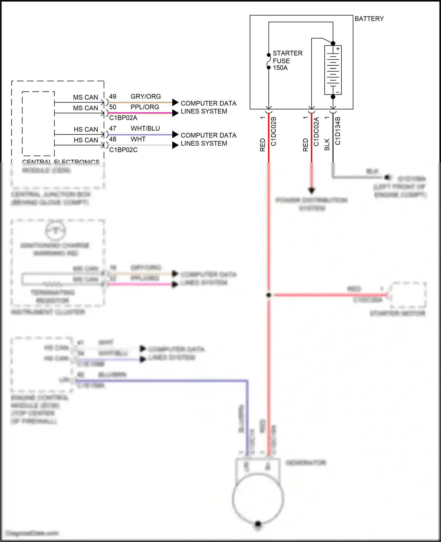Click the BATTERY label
tap(369, 19)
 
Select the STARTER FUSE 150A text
tap(287, 60)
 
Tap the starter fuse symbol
tap(268, 61)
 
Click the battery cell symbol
tap(333, 70)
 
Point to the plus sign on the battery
tap(338, 49)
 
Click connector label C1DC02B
tap(273, 131)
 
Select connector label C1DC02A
tap(316, 131)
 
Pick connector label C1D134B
tap(338, 131)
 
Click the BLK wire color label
tap(327, 145)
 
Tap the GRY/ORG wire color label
tap(146, 96)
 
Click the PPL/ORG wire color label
tap(145, 107)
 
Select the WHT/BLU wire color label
tap(145, 128)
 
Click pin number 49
tap(113, 96)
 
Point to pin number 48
tap(113, 139)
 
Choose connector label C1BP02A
tap(123, 118)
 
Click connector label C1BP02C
tap(123, 150)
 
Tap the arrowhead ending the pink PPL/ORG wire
tap(175, 113)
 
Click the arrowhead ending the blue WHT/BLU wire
tap(175, 134)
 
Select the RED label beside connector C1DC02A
tap(305, 145)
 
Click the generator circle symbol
tap(258, 498)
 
